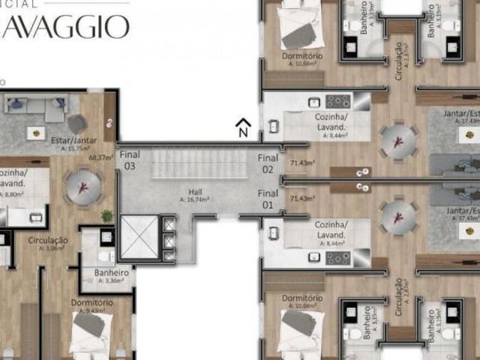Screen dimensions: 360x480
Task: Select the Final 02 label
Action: (x=268, y=163)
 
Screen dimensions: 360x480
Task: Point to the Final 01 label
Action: (x=268, y=199)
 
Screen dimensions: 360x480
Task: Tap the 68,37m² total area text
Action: (x=100, y=157)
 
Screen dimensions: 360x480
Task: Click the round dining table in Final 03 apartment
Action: (x=84, y=184)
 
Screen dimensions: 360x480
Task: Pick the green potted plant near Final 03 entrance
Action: (x=107, y=216)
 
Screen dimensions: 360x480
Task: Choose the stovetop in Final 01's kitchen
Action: (x=339, y=257)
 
